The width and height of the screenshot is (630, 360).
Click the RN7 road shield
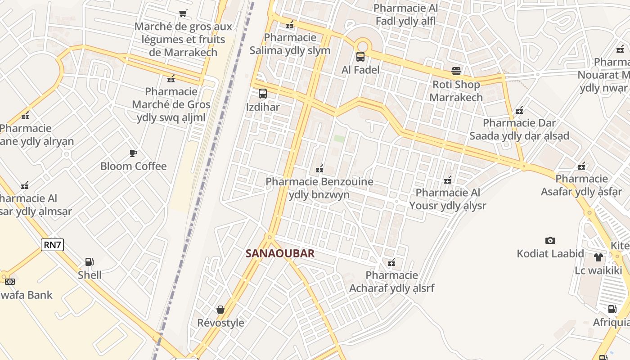[53, 245]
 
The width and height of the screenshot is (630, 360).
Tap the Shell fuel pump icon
[89, 262]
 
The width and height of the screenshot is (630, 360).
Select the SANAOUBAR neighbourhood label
[280, 253]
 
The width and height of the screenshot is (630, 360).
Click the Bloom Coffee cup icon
[133, 153]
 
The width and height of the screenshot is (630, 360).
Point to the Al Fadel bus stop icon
[360, 57]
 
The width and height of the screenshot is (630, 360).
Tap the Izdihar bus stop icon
[263, 94]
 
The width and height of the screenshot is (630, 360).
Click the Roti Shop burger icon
[456, 71]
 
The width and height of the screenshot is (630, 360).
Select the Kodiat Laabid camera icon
[550, 241]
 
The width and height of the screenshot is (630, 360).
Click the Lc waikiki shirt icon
[598, 257]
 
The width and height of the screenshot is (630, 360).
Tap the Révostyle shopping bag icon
[220, 310]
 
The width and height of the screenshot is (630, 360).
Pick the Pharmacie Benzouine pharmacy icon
[319, 169]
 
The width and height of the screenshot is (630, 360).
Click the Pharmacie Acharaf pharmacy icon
[391, 262]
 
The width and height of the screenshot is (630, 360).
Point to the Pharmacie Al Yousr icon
[448, 180]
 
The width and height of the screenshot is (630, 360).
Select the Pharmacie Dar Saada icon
[519, 110]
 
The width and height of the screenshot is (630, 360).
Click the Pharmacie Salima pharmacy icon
[290, 25]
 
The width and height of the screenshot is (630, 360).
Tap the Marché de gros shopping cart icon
[183, 13]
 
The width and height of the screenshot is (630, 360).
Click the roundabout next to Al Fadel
[362, 45]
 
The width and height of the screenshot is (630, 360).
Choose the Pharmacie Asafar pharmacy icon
[581, 166]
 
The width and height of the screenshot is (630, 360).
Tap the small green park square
[339, 139]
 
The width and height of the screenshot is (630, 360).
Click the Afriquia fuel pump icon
[612, 309]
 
